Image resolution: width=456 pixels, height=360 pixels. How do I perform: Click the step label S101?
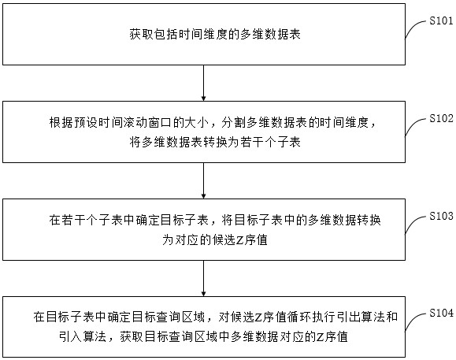441,21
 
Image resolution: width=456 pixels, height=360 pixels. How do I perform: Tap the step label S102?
441,118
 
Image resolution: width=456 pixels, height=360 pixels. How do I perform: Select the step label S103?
441,216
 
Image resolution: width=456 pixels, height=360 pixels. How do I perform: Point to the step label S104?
441,314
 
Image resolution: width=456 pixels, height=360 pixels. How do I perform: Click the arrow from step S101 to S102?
203,83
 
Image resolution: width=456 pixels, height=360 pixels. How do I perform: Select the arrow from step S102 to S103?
203,180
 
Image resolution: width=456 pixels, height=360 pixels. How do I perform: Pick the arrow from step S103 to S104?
203,278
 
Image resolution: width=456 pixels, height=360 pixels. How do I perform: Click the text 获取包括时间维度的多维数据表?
215,35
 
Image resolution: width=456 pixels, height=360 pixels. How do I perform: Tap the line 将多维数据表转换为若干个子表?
215,143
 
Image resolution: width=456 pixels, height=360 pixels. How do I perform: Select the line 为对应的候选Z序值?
215,240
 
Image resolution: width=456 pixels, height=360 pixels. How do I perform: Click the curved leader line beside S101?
416,28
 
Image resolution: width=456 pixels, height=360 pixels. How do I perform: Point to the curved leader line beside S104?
416,321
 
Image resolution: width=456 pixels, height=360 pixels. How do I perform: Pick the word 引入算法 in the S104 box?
83,337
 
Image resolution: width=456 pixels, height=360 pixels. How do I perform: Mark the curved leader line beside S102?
416,127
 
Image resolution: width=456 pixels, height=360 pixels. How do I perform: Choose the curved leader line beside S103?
416,225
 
